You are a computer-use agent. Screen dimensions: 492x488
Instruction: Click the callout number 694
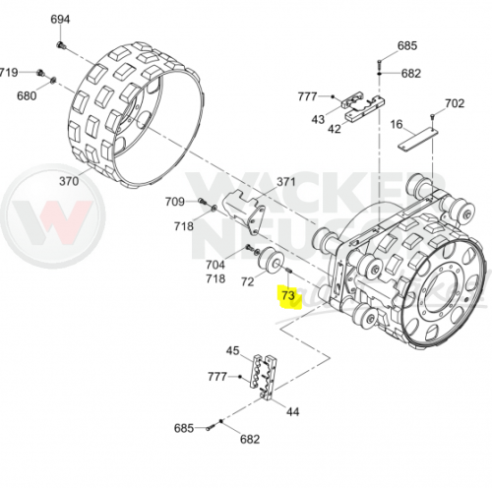coord(60,20)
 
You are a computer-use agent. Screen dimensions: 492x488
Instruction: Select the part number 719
coord(9,72)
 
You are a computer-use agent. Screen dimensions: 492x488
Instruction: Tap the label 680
coord(27,96)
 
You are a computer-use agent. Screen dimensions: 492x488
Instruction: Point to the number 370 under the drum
coord(69,181)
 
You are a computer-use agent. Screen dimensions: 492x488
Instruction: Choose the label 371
coord(286,182)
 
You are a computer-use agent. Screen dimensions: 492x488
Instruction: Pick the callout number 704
coord(215,265)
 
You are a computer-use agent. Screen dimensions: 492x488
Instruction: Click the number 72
coord(247,281)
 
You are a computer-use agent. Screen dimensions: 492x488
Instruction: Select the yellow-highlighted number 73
coord(288,295)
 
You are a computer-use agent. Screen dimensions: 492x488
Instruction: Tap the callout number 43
coord(318,119)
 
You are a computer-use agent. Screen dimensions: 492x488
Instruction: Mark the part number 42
coord(335,129)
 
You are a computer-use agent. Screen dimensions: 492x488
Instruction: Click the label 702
coord(455,103)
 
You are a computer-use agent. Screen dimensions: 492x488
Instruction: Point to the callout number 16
coord(397,124)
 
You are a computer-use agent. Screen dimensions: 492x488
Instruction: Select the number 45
coord(233,350)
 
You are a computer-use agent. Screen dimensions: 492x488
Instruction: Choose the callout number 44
coord(292,411)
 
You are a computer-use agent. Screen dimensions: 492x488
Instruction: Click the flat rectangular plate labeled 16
coord(418,139)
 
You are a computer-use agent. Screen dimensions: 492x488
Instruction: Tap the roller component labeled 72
coord(270,262)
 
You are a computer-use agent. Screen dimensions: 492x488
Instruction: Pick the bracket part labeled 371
coord(244,213)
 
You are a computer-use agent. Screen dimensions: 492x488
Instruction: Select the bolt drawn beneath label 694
coord(61,46)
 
